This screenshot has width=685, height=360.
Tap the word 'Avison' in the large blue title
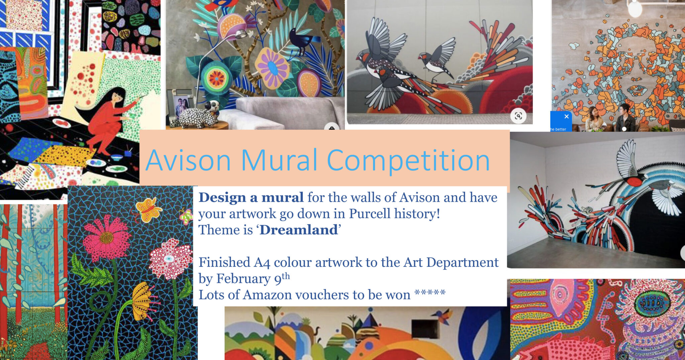tap(188, 160)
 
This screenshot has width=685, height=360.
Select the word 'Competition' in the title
tap(408, 161)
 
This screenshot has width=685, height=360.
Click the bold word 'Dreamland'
tap(299, 230)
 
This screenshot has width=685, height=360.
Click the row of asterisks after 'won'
tap(430, 293)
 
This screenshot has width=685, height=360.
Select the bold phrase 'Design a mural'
tap(251, 198)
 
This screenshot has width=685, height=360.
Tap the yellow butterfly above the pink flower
tap(149, 209)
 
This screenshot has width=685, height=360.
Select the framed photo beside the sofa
tap(181, 107)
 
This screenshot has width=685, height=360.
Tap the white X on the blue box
tap(566, 116)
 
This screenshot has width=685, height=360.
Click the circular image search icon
tap(518, 116)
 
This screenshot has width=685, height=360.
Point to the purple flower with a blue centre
tap(273, 68)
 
